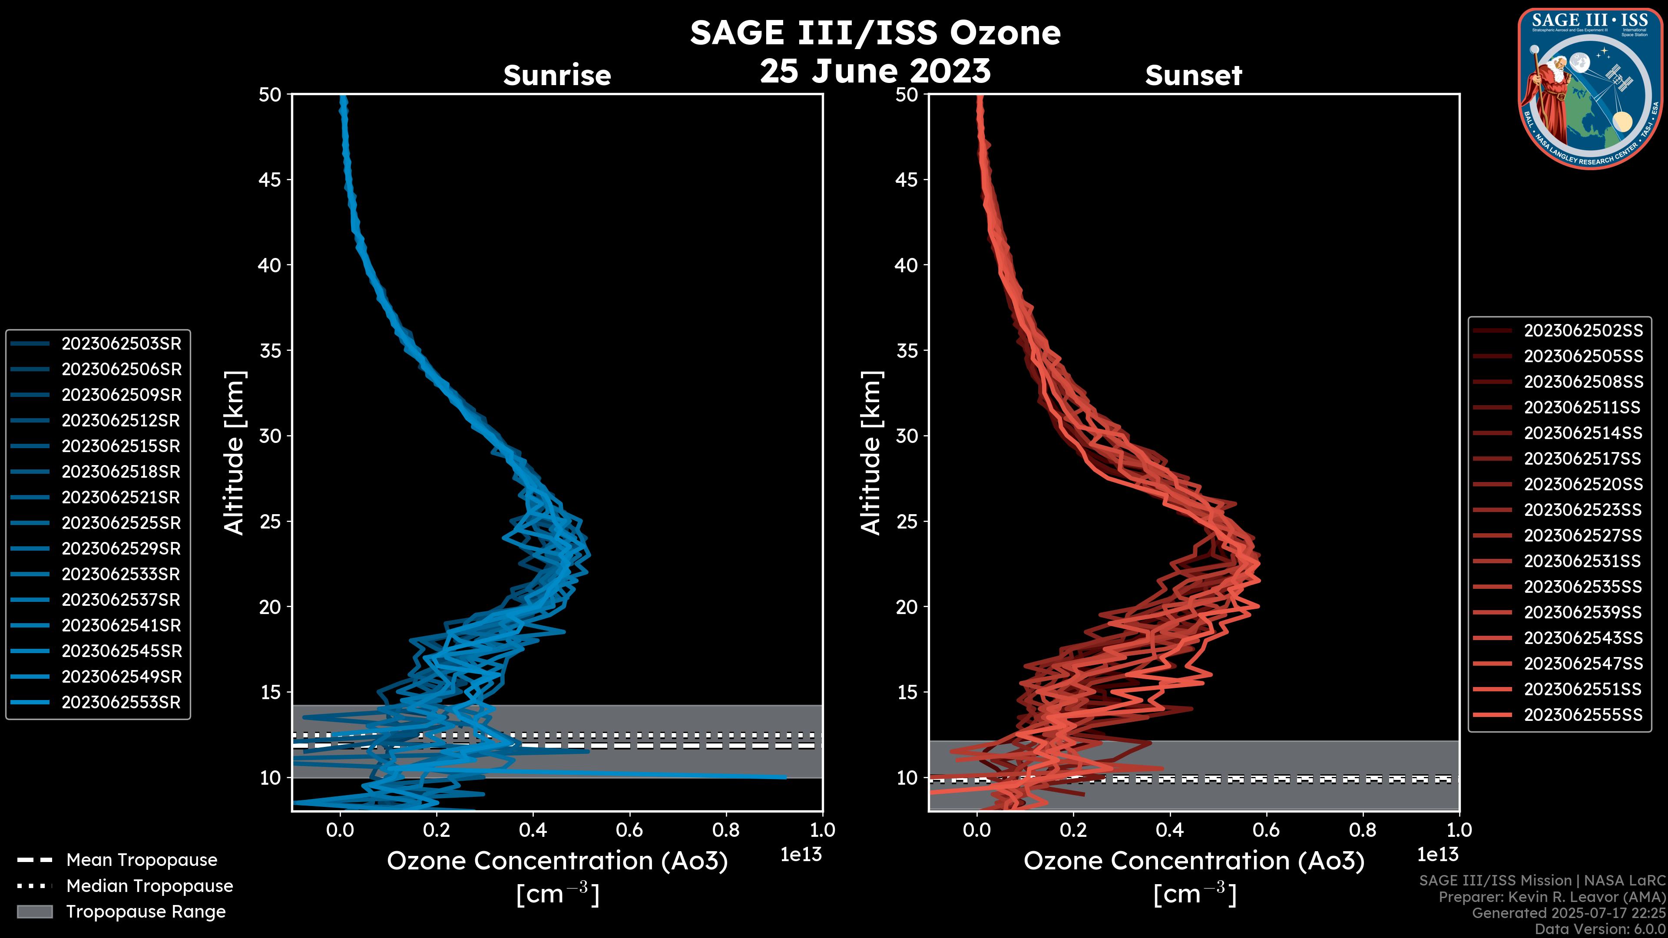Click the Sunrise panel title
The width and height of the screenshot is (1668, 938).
[557, 76]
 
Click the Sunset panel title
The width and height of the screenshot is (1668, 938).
[1193, 76]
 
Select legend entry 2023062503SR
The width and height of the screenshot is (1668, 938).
[121, 344]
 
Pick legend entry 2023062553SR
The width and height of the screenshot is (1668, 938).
[121, 702]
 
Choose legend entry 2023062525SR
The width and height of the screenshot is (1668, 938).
[121, 523]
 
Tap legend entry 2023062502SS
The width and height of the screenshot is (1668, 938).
[1583, 331]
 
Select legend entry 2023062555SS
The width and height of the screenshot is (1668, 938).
[1583, 715]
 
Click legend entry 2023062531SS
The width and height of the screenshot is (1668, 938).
[1583, 561]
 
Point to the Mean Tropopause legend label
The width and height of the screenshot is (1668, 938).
[142, 860]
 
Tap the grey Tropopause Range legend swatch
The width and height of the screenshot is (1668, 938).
[34, 912]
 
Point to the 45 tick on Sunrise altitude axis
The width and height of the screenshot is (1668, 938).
[270, 179]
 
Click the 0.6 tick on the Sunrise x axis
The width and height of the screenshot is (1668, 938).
[629, 830]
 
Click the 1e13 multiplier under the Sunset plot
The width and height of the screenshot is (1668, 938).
[1437, 855]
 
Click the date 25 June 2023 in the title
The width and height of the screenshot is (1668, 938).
[875, 71]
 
